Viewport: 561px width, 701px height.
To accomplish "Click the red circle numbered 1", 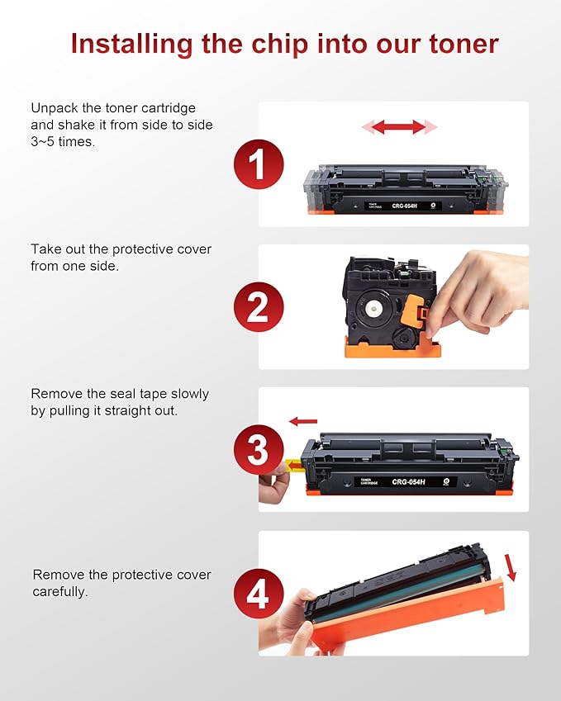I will click(x=258, y=163).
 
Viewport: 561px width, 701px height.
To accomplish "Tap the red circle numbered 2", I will click(x=258, y=306).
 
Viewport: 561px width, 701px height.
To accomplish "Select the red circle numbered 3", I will click(x=258, y=450).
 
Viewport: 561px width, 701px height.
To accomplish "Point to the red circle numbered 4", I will click(x=258, y=593).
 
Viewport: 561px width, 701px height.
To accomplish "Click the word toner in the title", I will click(x=459, y=43).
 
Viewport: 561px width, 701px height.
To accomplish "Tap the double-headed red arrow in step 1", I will click(x=398, y=127).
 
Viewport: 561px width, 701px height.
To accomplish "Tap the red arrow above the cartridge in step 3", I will click(x=303, y=422).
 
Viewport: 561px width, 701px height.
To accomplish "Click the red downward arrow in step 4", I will click(x=510, y=567).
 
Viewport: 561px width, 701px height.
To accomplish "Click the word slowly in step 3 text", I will click(x=187, y=394).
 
